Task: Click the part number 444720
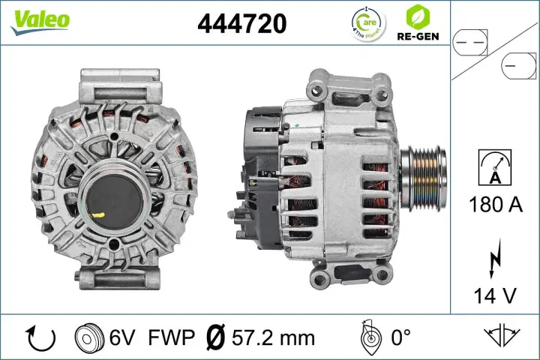pos(241,24)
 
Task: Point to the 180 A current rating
pos(494,204)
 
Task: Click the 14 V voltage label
pos(494,295)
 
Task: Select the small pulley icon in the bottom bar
pos(89,338)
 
